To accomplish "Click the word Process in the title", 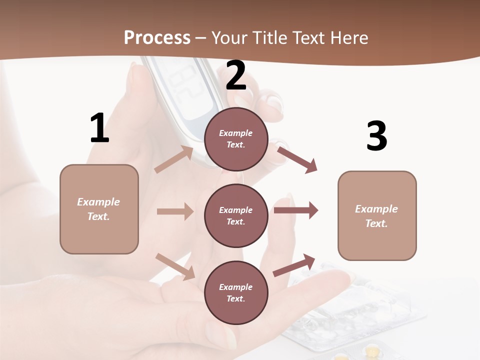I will coord(157,38).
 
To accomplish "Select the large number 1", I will coord(99,128).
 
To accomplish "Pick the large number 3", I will coord(376,136).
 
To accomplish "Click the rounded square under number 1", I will coord(99,209).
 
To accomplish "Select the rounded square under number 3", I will coord(377,215).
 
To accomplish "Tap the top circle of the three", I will coord(236,139).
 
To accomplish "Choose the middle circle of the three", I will coord(236,215).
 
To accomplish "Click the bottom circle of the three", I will coord(236,292).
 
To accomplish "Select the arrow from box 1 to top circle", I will coord(174,159).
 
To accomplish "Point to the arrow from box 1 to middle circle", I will coord(175,211).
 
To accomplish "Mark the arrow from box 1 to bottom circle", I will coord(175,266).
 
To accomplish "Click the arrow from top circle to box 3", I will coord(297,159).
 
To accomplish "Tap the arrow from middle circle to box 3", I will coord(296,210).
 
